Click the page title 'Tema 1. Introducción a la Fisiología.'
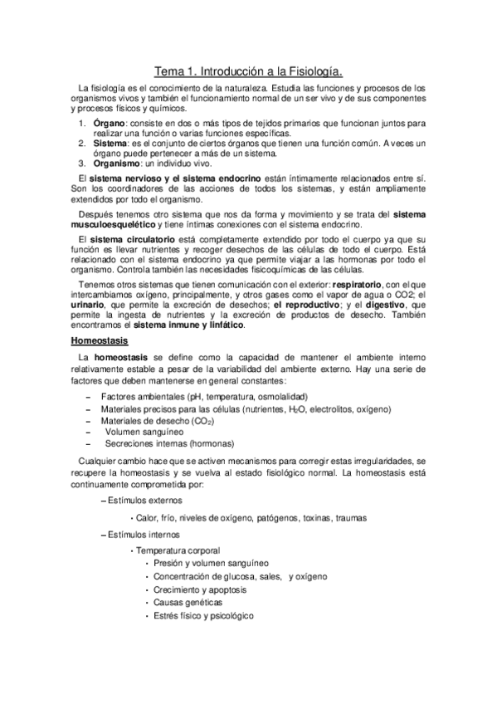(249, 72)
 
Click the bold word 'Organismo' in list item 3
(116, 162)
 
